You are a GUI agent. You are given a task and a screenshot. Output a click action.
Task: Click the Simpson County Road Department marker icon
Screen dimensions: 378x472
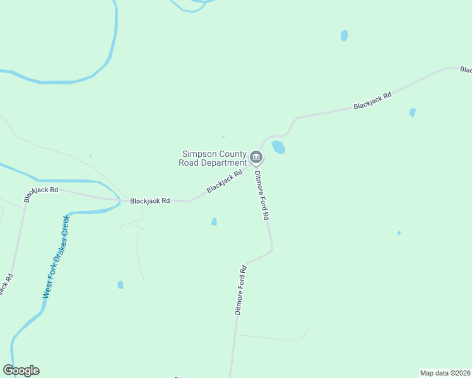256,157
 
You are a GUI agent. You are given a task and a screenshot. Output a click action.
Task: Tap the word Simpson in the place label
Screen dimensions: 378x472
199,154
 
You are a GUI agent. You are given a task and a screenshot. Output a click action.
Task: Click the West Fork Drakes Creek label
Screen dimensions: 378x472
56,256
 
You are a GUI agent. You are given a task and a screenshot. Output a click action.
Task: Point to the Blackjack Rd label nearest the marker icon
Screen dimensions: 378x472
225,181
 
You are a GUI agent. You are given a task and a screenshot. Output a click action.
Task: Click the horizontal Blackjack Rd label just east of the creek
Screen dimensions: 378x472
150,201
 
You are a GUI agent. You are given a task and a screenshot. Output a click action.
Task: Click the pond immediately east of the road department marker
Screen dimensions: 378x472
278,147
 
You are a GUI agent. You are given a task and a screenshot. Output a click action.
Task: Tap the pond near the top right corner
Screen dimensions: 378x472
344,35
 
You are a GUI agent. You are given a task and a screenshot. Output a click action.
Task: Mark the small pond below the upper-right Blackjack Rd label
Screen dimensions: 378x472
412,113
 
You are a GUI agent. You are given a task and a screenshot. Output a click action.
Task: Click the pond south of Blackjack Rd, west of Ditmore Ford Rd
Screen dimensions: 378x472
214,222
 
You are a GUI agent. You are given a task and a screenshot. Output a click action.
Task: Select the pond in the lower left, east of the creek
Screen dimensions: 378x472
121,285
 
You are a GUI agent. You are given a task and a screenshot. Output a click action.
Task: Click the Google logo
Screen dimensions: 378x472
21,370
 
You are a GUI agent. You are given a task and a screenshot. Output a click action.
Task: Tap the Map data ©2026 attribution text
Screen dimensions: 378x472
445,372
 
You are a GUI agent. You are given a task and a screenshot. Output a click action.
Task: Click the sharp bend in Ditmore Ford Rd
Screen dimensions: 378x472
272,249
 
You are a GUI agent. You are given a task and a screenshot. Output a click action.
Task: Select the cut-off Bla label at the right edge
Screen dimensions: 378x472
466,69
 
